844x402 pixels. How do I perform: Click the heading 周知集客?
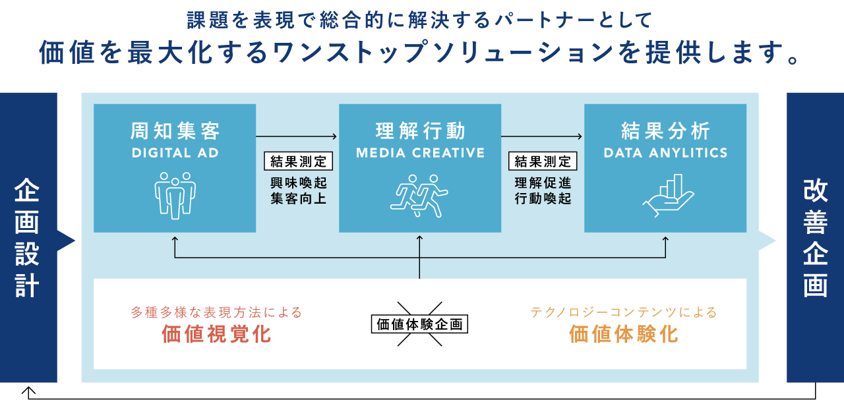[175, 131]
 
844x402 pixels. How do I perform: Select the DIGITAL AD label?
[175, 153]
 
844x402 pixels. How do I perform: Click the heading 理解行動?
[420, 131]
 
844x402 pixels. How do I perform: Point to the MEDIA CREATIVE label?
[420, 153]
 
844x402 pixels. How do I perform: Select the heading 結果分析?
[665, 131]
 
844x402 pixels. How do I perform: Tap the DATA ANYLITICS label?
[665, 153]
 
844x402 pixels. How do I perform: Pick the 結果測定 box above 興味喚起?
[298, 161]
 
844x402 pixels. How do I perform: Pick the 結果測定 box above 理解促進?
[543, 161]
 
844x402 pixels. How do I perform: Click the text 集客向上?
[298, 198]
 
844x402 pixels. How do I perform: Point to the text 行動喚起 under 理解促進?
[543, 198]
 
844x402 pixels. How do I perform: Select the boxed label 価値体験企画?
[420, 324]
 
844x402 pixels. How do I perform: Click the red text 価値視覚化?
[216, 334]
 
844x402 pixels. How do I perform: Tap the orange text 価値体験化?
[624, 334]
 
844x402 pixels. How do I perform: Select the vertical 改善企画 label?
[816, 238]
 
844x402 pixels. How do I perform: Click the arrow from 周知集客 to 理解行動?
[297, 136]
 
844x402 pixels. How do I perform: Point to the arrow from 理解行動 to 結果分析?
[541, 136]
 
